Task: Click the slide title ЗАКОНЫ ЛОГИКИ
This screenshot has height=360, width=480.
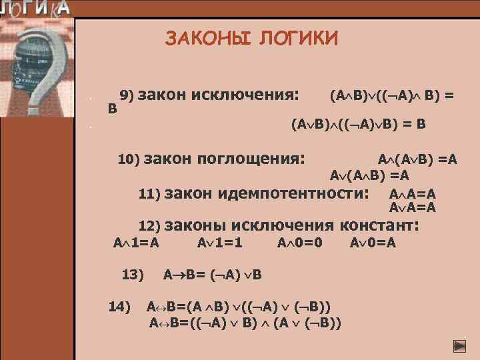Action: (x=251, y=38)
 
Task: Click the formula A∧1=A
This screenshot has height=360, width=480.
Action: (x=136, y=243)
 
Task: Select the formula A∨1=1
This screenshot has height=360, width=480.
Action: (x=219, y=243)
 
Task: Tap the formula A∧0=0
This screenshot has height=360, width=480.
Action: (x=300, y=243)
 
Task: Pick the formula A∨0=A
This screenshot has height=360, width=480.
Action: (x=373, y=243)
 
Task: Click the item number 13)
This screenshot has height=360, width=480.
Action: (x=133, y=273)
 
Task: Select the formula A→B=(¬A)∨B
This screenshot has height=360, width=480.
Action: (x=213, y=274)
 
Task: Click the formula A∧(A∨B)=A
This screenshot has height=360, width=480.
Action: (x=417, y=160)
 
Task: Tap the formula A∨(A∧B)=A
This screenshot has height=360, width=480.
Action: (x=369, y=176)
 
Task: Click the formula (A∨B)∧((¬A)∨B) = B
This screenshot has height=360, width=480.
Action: (x=359, y=124)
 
